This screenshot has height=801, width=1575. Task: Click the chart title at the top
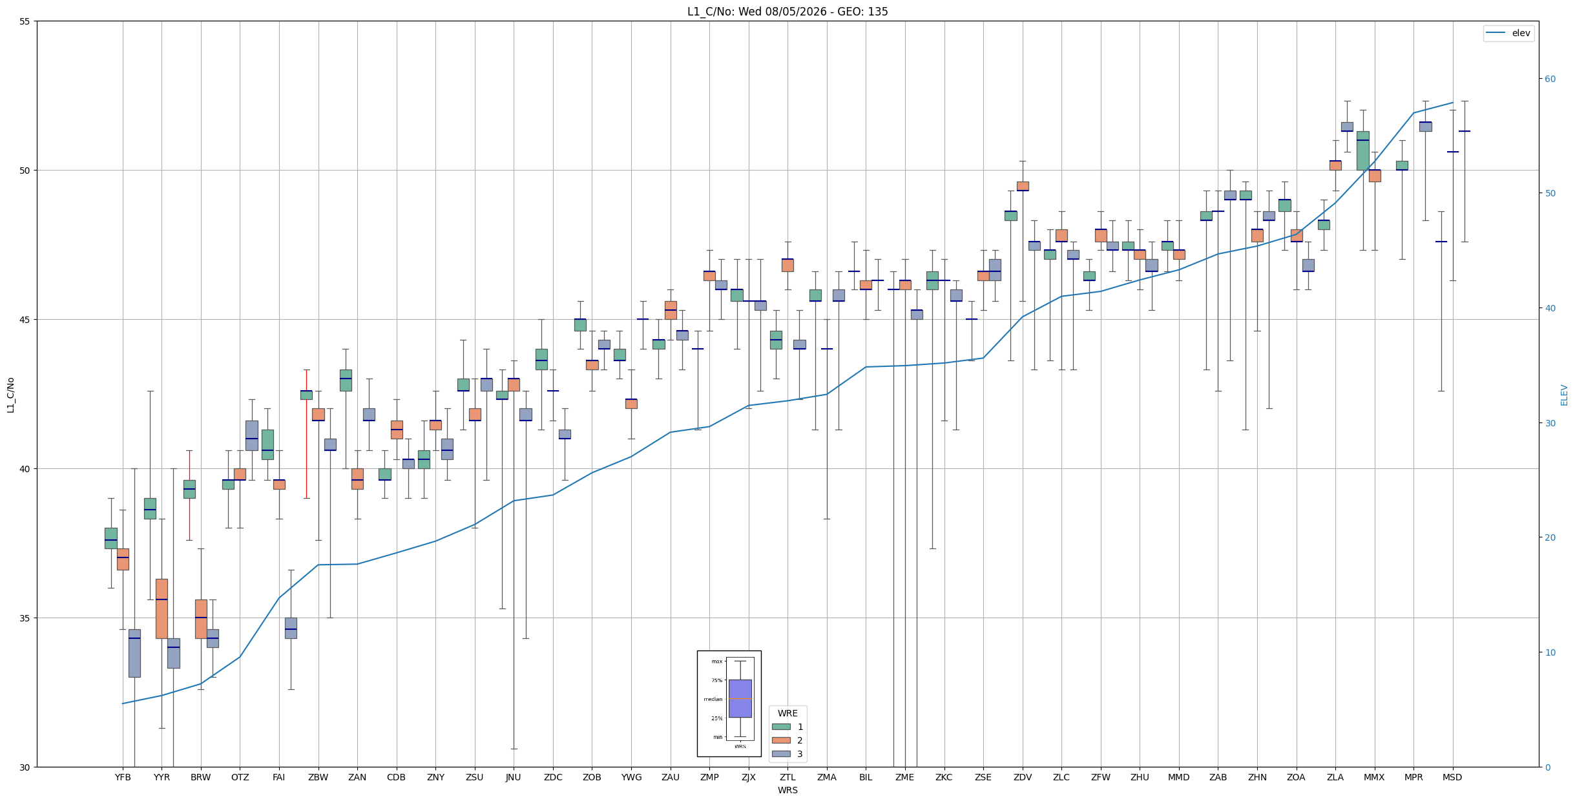coord(787,12)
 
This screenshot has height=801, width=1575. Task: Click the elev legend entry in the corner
coord(1508,33)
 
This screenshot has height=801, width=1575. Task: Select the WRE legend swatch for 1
coord(781,727)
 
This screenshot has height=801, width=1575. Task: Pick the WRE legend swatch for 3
coord(781,754)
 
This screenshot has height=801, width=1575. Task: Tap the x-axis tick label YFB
coord(123,777)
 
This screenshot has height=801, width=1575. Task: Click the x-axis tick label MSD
coord(1452,777)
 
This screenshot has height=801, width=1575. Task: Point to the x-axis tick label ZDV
coord(1023,777)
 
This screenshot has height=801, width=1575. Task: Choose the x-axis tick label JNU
coord(514,777)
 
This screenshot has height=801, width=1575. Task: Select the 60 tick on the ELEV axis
coord(1550,79)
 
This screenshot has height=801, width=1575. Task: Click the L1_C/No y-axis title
coord(10,395)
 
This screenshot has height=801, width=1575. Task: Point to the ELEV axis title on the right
coord(1564,395)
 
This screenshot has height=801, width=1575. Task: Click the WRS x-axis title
coord(787,790)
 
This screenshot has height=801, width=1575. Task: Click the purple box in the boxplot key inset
coord(740,698)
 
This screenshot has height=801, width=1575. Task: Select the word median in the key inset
coord(713,699)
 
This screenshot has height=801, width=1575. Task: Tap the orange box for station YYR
coord(162,609)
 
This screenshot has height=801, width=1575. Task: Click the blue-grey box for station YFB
coord(134,653)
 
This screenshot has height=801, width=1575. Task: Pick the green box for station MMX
coord(1362,151)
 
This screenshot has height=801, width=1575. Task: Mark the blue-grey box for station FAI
coord(291,628)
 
